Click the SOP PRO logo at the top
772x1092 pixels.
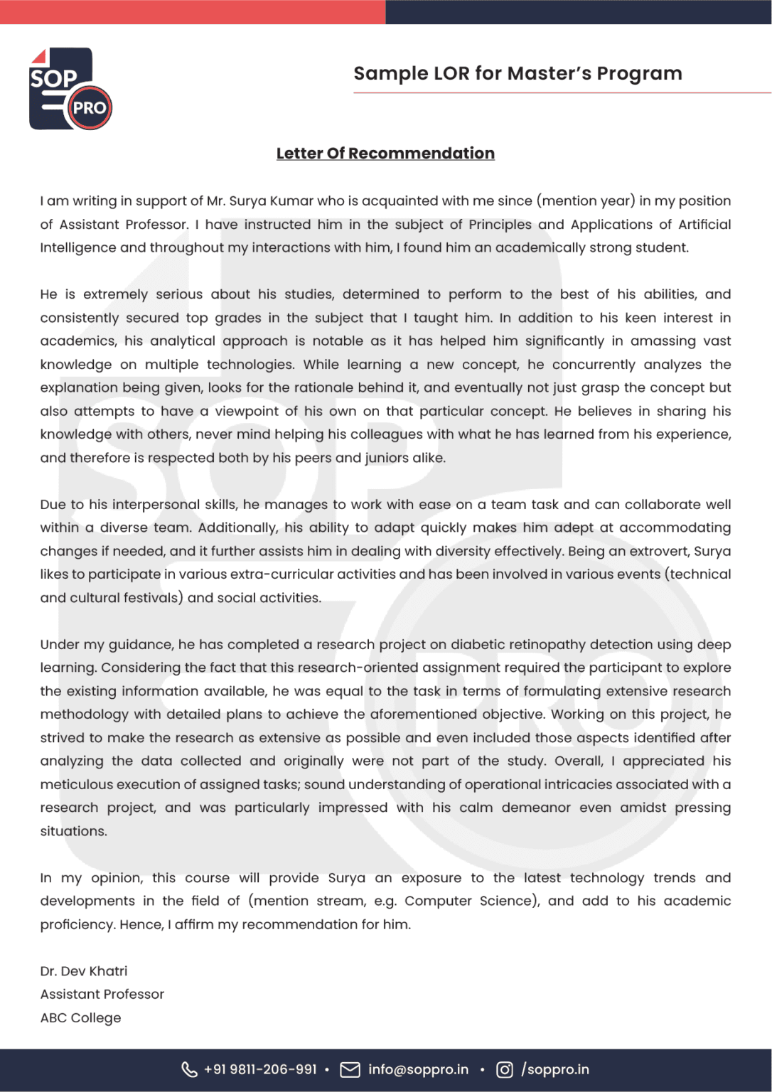(69, 89)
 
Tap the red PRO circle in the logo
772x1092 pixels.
(90, 108)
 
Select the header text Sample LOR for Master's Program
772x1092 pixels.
(518, 73)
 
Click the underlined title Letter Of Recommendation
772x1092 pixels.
(385, 154)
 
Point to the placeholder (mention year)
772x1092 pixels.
(585, 201)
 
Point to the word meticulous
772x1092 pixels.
(75, 785)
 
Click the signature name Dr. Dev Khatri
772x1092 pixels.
(84, 971)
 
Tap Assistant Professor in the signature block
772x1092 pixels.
(102, 995)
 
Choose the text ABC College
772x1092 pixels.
(81, 1018)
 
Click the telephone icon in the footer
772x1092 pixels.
(189, 1070)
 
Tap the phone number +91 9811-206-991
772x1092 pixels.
(260, 1070)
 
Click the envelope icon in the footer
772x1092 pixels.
(350, 1070)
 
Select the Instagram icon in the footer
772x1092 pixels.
(504, 1070)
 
